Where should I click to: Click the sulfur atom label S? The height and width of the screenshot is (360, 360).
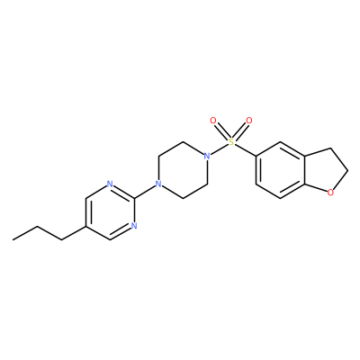(x=231, y=142)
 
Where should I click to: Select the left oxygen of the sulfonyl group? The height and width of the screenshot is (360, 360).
(x=213, y=121)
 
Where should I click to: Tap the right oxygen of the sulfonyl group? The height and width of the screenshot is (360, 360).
(x=249, y=121)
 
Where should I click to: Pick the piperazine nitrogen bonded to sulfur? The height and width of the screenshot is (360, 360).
(x=206, y=156)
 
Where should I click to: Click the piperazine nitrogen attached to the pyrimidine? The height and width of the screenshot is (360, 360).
(x=158, y=184)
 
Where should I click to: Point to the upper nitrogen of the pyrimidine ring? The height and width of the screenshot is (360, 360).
(x=110, y=184)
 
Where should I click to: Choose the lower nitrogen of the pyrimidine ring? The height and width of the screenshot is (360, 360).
(x=134, y=226)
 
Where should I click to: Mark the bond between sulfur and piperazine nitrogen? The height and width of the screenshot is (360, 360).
(x=219, y=148)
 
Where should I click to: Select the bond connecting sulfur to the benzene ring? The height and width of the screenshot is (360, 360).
(x=244, y=149)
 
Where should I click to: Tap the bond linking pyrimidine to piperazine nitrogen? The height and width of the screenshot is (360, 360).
(x=144, y=191)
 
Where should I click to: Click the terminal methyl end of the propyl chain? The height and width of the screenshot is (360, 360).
(x=13, y=239)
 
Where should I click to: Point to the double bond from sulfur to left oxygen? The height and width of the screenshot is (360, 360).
(x=221, y=131)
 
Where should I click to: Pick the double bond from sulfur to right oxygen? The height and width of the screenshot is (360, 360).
(x=240, y=131)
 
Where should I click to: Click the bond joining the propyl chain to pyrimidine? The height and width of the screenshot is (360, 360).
(x=74, y=233)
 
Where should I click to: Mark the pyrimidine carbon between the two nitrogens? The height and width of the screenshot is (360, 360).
(x=134, y=198)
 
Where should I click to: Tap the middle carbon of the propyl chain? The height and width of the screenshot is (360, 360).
(x=38, y=226)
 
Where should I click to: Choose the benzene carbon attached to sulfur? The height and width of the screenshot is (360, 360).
(x=256, y=156)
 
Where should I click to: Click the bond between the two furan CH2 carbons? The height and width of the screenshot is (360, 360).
(x=338, y=159)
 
